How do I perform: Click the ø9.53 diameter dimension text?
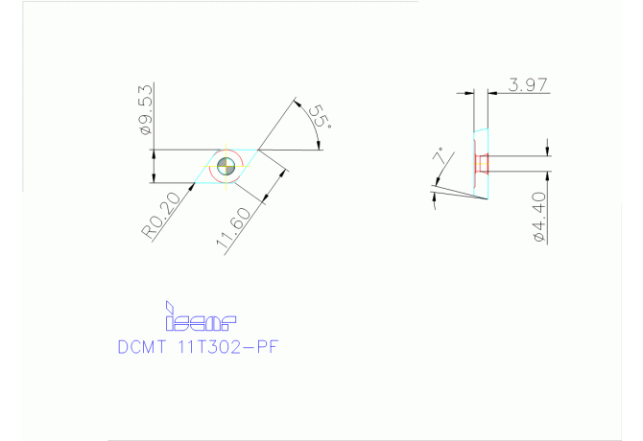tap(145, 107)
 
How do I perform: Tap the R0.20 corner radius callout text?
tap(161, 216)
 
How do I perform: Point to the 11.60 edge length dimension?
tap(237, 230)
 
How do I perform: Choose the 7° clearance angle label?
tap(440, 156)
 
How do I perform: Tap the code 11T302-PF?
tap(229, 347)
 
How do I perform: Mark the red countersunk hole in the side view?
tap(483, 164)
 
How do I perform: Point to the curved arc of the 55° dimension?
tap(313, 123)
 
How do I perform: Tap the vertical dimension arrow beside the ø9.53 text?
tap(153, 166)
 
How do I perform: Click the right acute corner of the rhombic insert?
tap(258, 150)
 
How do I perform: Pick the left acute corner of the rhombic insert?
tap(194, 183)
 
